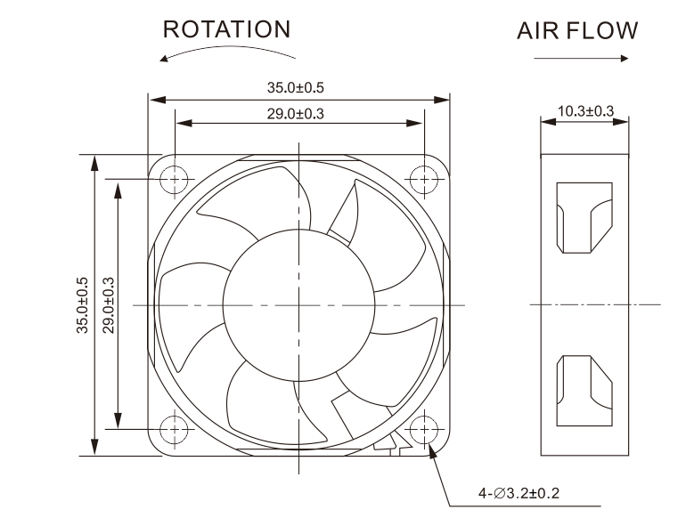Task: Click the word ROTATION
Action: (x=226, y=29)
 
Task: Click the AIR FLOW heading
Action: (x=577, y=31)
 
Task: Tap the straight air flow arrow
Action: (x=581, y=59)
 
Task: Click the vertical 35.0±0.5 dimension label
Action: (x=83, y=304)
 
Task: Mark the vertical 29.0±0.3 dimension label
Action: (x=108, y=304)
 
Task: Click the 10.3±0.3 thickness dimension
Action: (x=585, y=111)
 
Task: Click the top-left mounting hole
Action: (x=175, y=179)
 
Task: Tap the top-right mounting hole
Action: (x=423, y=179)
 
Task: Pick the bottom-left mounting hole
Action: (x=175, y=428)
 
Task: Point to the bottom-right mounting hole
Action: (x=423, y=428)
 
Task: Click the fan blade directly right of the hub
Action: (x=405, y=303)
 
